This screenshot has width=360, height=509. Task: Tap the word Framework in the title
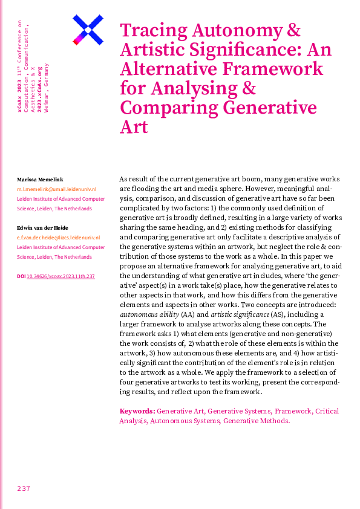pos(278,69)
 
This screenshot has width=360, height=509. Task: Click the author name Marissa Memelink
pos(40,180)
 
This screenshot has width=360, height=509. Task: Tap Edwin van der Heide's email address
pos(58,238)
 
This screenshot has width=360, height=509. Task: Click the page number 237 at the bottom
pos(24,488)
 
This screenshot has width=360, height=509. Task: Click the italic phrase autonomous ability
pos(149,314)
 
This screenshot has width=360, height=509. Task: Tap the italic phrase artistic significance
pos(236,314)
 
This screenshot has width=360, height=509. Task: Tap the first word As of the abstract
pos(124,180)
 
